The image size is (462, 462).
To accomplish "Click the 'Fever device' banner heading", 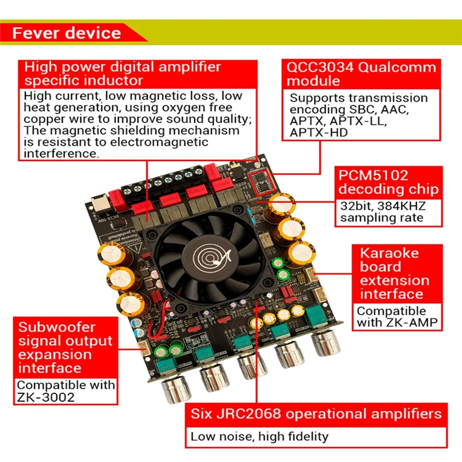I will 67,32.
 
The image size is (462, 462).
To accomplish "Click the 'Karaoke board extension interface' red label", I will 394,273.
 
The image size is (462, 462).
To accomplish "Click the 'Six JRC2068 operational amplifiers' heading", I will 316,413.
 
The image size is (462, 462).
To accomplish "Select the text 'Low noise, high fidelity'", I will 259,437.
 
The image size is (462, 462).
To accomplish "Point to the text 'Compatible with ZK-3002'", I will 65,390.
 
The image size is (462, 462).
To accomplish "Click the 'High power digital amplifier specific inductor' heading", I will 122,73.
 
